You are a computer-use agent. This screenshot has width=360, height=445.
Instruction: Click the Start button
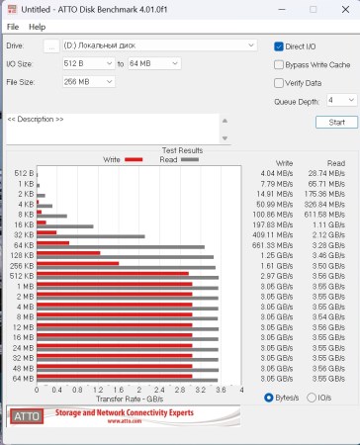(x=336, y=122)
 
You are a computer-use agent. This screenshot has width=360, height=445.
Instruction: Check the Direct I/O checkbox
(x=280, y=45)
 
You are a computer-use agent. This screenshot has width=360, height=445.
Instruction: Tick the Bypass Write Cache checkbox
(x=280, y=64)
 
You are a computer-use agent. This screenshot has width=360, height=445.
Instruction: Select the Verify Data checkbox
(x=280, y=82)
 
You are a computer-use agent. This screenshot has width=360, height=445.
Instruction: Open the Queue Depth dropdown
(x=341, y=100)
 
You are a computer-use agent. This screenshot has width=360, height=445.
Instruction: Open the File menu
(x=13, y=26)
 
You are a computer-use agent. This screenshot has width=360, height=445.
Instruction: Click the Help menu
(x=37, y=26)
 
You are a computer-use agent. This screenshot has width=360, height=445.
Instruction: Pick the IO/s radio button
(x=314, y=398)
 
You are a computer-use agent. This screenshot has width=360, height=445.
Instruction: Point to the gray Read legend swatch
(x=189, y=158)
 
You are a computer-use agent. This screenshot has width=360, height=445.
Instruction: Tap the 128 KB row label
(x=24, y=255)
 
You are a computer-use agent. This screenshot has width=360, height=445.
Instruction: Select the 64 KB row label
(x=26, y=245)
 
